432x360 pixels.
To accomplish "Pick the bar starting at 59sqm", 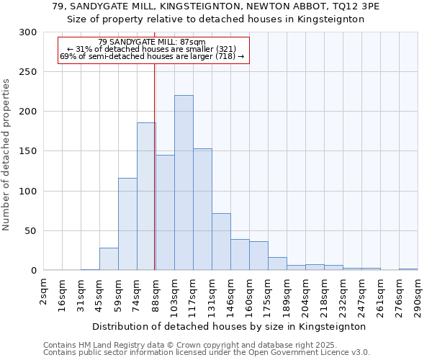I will pos(127,224).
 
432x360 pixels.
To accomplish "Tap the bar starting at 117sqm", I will pos(202,210).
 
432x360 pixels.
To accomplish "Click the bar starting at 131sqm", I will pos(221,242).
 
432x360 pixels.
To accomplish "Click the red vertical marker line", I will pos(154,180).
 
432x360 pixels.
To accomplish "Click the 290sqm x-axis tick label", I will pos(418,292).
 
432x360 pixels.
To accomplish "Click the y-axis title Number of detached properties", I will pos(7,155).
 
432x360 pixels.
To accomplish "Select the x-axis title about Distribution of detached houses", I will pos(230,326).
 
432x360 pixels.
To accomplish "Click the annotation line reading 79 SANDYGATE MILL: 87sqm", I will pos(152,42).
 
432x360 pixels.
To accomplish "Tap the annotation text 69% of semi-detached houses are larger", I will pos(152,56).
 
